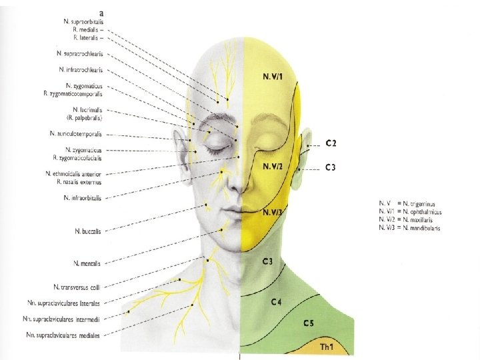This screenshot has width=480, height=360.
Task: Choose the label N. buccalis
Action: [x=88, y=231]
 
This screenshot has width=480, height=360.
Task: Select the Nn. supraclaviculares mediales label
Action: [x=63, y=335]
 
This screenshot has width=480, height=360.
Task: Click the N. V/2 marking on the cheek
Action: [x=275, y=166]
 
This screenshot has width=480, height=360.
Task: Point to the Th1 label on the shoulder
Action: [x=327, y=347]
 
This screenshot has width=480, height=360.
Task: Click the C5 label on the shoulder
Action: [x=308, y=323]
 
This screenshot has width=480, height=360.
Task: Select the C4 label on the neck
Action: [x=277, y=303]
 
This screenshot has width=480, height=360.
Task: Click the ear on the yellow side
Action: [x=305, y=150]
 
